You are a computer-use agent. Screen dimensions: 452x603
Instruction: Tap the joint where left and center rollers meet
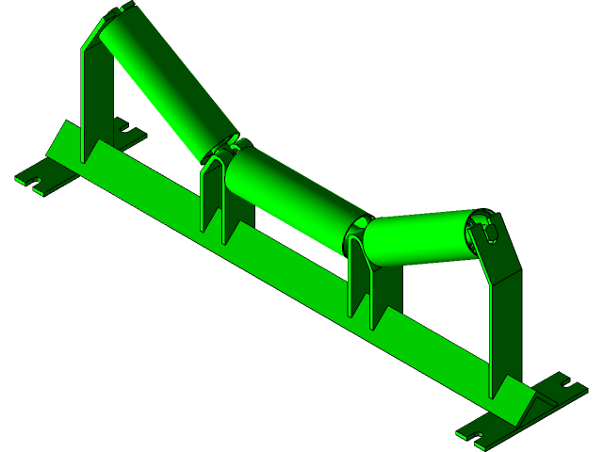click(226, 148)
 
